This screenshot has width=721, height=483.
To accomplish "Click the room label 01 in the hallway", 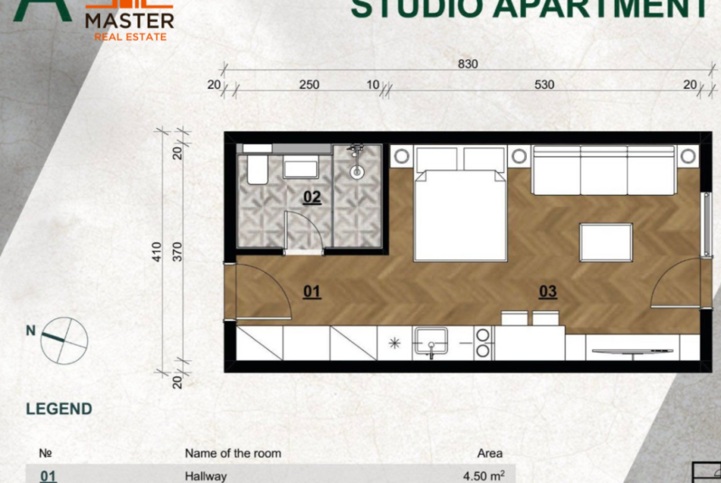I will [x=311, y=291].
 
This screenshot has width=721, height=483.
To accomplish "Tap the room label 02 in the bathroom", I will [x=311, y=197].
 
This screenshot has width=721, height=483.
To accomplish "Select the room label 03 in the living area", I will [x=548, y=291].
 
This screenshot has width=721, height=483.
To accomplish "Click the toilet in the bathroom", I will [x=257, y=168].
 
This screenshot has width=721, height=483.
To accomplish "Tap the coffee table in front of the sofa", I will [x=606, y=242].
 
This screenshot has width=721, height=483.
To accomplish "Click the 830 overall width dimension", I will [x=467, y=64].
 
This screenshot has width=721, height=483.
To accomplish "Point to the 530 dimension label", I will [x=545, y=84].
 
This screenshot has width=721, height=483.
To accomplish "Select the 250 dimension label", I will [x=310, y=84].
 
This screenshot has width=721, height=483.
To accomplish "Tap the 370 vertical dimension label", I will [x=177, y=252].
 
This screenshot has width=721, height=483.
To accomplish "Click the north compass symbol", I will [x=64, y=339].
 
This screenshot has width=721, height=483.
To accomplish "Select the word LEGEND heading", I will [x=59, y=408].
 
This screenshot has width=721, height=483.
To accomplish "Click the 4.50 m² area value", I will [x=483, y=476].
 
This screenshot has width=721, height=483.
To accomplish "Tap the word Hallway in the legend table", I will [x=206, y=476].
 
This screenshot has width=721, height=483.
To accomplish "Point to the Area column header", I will [x=489, y=453].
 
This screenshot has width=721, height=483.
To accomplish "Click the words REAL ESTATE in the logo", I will [x=131, y=36].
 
